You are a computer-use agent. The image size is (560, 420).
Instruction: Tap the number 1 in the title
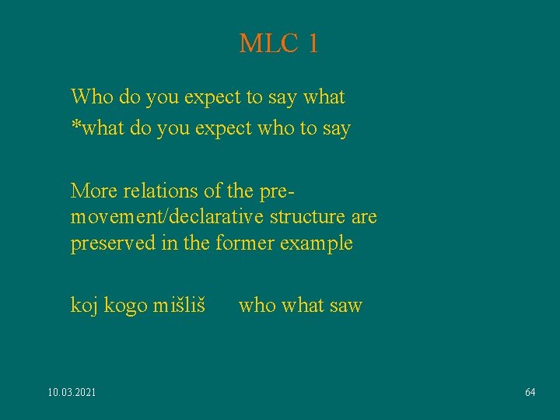tap(313, 44)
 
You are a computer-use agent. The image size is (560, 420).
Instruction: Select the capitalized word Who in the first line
tap(92, 97)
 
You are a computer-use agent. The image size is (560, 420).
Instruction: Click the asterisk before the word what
tap(75, 124)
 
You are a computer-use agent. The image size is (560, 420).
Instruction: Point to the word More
tap(92, 190)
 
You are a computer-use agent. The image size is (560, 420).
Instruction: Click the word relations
tap(152, 190)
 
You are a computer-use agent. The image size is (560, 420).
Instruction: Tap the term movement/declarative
tap(151, 216)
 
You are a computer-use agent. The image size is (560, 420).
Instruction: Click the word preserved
tap(114, 243)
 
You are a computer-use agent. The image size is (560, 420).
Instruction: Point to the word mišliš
tap(180, 305)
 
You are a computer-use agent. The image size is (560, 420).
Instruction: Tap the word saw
tap(346, 305)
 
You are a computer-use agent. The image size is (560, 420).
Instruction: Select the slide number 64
tap(530, 393)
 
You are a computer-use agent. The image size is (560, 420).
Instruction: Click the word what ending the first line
tap(324, 97)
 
